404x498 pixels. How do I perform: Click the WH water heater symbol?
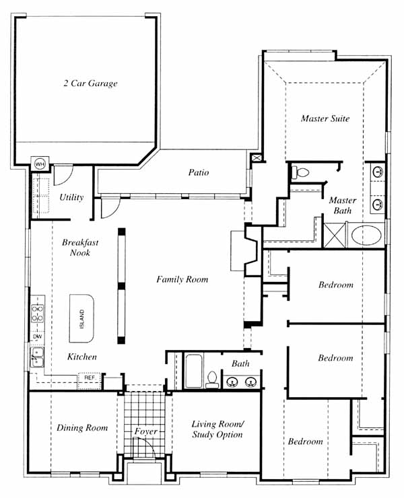[x=40, y=164]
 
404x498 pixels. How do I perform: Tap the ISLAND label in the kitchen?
[x=82, y=319]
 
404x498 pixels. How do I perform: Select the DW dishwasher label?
[x=38, y=336]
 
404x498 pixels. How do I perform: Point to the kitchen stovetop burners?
[x=38, y=313]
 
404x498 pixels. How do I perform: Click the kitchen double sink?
[x=37, y=357]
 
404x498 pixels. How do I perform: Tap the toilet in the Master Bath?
[x=300, y=172]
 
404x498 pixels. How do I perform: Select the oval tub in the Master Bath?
[x=366, y=236]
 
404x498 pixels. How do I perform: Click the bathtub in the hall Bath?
[x=193, y=371]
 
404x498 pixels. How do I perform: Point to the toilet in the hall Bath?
[x=211, y=380]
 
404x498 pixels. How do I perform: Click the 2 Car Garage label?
[x=91, y=83]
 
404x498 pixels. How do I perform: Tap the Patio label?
[x=199, y=172]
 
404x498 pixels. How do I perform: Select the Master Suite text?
[x=325, y=118]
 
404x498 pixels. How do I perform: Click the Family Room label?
[x=182, y=279]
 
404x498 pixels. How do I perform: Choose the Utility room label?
[x=71, y=197]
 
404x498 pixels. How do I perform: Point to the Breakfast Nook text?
[x=80, y=248]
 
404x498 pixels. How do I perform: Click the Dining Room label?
[x=82, y=428]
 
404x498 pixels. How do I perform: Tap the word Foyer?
[x=146, y=431]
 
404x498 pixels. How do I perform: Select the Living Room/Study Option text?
[x=217, y=429]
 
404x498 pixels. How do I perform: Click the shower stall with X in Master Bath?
[x=335, y=235]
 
